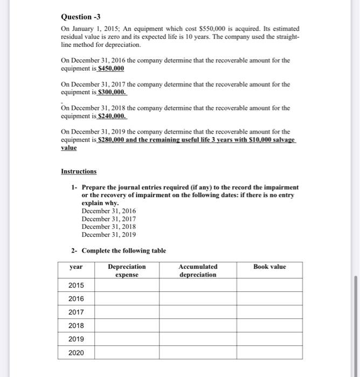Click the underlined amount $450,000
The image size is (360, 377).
pos(110,68)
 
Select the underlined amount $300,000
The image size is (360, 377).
pos(111,92)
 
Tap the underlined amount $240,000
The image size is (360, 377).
pos(111,116)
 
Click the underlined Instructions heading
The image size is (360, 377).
pos(79,171)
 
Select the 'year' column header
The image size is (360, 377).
pos(76,267)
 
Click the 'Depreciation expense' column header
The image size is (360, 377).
pos(127,270)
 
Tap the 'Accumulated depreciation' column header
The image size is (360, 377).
pos(198,270)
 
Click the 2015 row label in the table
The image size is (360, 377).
pos(76,285)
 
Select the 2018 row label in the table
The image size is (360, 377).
pos(76,326)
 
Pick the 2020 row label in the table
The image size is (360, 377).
pos(76,353)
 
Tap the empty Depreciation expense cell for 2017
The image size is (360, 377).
pos(127,312)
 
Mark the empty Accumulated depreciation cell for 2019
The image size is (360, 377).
pos(198,339)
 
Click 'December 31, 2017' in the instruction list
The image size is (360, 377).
pos(109,219)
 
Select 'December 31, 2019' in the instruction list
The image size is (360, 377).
pos(109,235)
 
